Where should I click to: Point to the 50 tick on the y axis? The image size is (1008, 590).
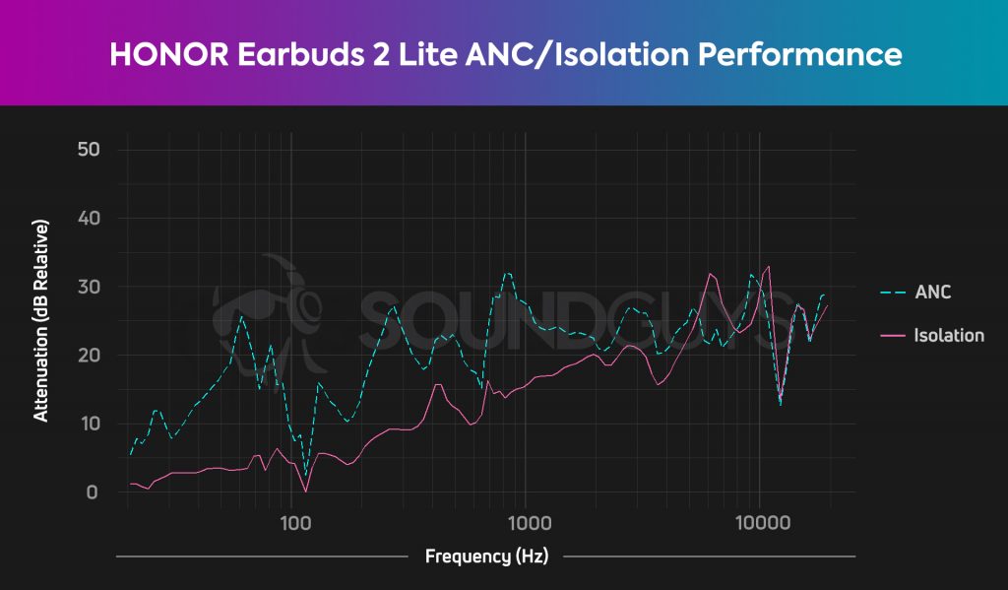coord(90,150)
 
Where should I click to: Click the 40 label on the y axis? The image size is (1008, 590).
coord(90,218)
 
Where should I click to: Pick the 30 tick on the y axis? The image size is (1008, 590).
coord(90,287)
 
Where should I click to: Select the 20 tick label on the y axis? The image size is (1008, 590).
coord(90,355)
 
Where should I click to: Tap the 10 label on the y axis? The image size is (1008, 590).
coord(90,424)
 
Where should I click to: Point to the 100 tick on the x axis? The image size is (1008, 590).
coord(291,519)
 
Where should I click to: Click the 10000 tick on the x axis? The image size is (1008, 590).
coord(759,519)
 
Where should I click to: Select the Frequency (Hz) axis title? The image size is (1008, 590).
coord(485,557)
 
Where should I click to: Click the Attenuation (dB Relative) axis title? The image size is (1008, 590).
coord(41,321)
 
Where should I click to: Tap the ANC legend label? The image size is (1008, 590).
coord(933,293)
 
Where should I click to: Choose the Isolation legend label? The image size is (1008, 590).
coord(948,336)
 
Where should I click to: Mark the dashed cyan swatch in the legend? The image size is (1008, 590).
coord(894,293)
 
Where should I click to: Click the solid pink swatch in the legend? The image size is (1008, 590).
coord(894,336)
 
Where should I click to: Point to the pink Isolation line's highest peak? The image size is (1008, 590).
coord(768,266)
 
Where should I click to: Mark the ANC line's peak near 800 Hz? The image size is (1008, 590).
coord(508,273)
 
